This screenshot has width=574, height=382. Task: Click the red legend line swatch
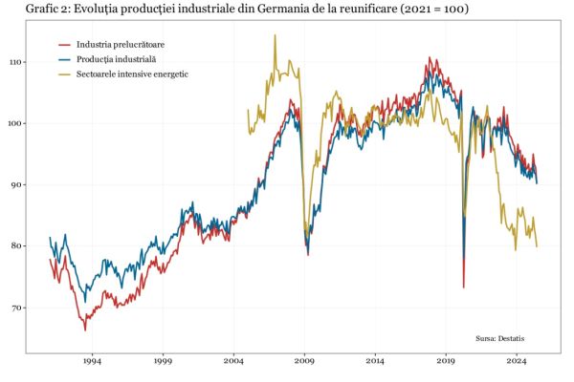click(x=65, y=44)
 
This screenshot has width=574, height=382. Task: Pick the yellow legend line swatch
click(x=65, y=74)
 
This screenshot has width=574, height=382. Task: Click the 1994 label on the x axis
click(x=92, y=362)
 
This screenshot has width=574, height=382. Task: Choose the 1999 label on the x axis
click(x=163, y=362)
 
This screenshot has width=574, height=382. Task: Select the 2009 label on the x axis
click(x=304, y=362)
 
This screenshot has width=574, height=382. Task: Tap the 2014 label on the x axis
click(x=375, y=362)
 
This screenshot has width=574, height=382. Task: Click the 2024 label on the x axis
click(x=517, y=362)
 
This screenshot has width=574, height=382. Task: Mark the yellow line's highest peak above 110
click(x=276, y=35)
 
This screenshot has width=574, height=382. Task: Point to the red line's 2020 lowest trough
click(x=463, y=287)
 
